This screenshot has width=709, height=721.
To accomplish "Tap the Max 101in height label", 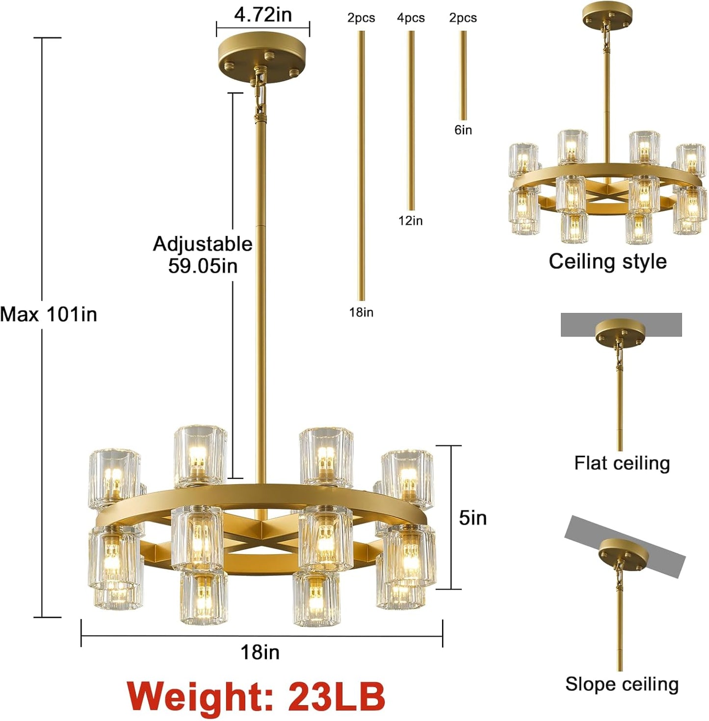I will (49, 314).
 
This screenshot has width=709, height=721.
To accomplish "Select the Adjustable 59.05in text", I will (203, 255).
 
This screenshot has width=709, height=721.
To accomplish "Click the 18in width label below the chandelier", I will (260, 652).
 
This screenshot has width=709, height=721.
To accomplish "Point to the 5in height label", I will (473, 517).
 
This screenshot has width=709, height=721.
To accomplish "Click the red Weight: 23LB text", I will (256, 695).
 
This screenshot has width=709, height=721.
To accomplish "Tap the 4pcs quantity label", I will (411, 18).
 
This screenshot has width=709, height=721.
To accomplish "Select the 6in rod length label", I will (463, 130).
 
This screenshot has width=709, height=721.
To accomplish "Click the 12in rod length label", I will (410, 221).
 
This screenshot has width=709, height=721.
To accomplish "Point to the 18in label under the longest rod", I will (361, 312).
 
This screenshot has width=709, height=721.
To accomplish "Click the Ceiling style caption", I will (607, 261).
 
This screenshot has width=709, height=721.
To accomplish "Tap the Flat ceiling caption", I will (622, 463).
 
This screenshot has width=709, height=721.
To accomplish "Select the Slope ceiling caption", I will (622, 684).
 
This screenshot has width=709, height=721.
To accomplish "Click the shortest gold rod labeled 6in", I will (463, 76).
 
